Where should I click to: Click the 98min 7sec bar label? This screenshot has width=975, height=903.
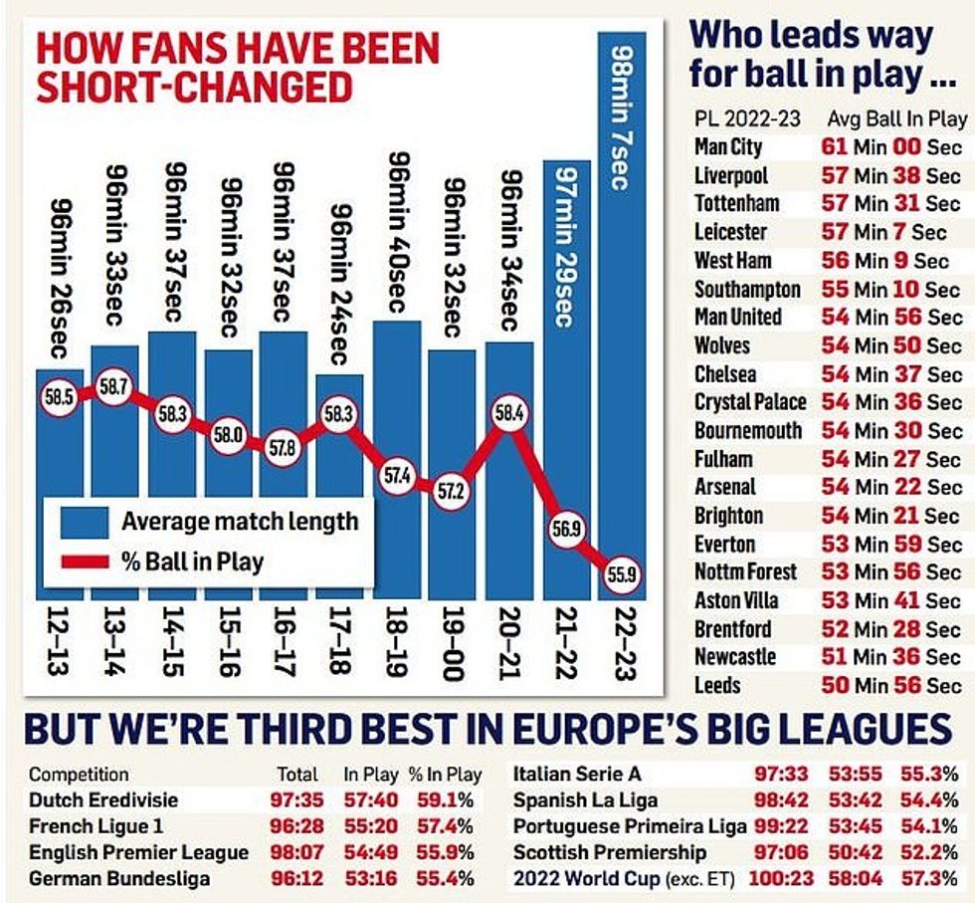(620, 116)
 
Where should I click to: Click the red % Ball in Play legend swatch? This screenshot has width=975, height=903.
(85, 562)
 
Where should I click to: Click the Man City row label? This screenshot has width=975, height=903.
(728, 146)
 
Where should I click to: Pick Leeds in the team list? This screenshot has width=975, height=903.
(717, 686)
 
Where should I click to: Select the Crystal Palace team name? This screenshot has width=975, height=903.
(750, 402)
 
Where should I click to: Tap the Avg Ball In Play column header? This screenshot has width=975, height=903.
(896, 118)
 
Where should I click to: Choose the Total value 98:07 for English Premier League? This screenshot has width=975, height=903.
(295, 852)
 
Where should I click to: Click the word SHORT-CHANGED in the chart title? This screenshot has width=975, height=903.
(195, 88)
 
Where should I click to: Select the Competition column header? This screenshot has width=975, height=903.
(79, 774)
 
